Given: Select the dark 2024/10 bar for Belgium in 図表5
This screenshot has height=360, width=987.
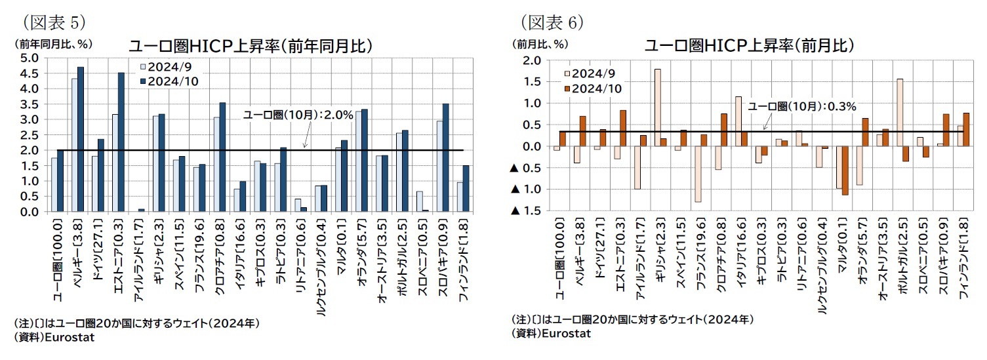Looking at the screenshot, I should tap(80, 139).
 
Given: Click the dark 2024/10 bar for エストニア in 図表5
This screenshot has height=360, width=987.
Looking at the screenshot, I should tap(121, 142).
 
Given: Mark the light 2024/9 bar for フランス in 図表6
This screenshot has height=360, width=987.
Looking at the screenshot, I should tap(698, 174).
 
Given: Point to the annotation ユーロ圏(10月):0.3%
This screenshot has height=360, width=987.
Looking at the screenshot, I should tap(801, 106).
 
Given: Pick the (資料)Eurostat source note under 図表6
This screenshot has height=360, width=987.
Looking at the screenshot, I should tap(551, 333).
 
